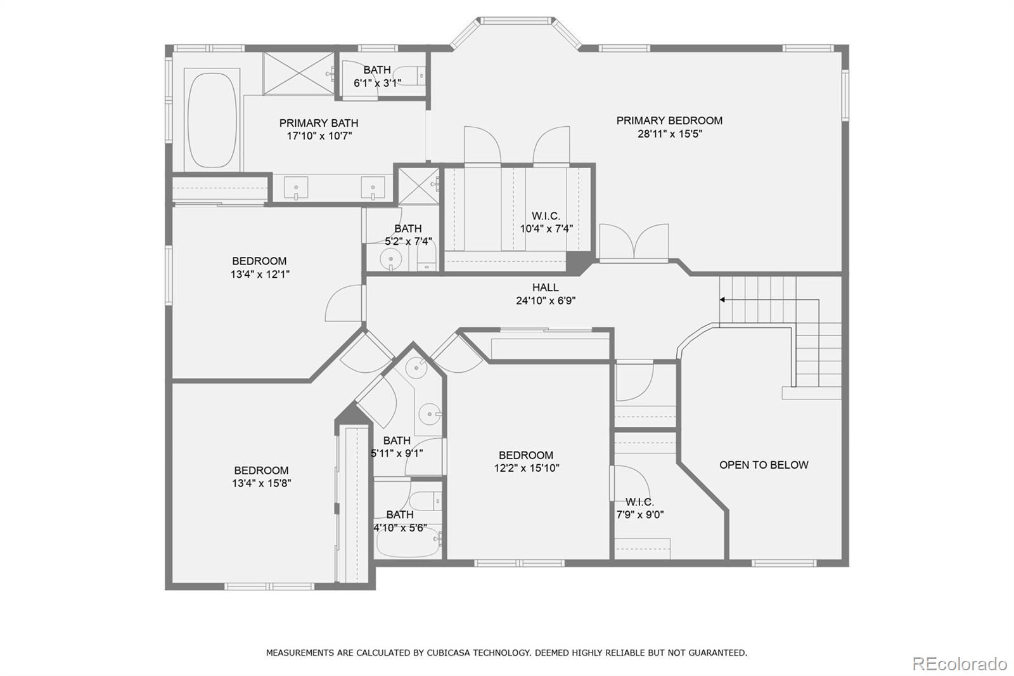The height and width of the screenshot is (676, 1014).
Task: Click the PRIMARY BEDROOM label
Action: point(669,120)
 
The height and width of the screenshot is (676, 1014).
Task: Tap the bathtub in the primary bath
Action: point(212,120)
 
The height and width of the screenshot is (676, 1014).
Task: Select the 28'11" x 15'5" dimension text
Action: point(670,134)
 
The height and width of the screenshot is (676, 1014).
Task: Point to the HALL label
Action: point(545,287)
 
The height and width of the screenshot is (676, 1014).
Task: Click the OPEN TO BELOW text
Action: point(764,465)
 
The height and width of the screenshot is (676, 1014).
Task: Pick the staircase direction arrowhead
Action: point(722,299)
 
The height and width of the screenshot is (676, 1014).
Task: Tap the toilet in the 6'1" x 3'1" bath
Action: point(409,75)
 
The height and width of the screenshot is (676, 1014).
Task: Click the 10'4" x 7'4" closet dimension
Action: point(546,229)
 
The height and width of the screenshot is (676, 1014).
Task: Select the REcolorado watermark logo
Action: point(959,664)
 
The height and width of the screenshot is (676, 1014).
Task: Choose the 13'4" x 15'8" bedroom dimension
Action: point(261,483)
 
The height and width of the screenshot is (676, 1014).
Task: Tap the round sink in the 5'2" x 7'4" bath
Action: point(390,259)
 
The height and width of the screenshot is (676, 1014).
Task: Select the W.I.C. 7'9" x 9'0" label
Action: point(640,509)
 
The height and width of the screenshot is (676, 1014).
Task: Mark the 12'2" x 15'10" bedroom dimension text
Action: point(527,468)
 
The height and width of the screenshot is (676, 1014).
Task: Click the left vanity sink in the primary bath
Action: point(296,188)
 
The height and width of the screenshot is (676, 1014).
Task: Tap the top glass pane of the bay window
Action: point(516,21)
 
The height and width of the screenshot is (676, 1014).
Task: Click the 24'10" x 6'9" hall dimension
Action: point(546,301)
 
